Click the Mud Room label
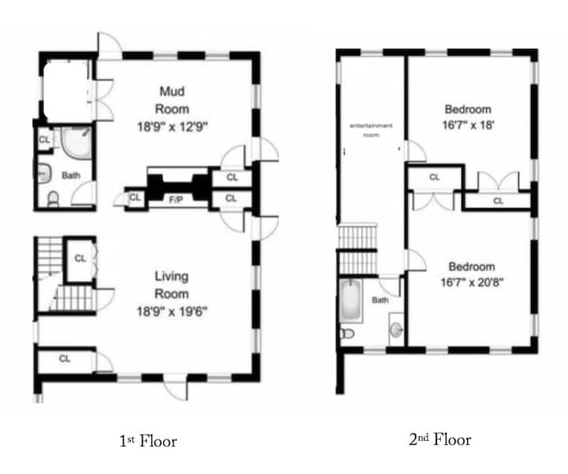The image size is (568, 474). point(172,100)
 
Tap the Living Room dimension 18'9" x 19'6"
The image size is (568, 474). point(172,312)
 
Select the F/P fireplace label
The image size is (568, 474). point(176,200)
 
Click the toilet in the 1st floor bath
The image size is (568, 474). point(54,200)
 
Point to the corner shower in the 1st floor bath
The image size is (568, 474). point(76,142)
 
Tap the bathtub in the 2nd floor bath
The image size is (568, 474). point(350,300)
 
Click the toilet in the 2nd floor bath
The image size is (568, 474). point(347,333)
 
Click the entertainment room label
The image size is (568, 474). point(371,130)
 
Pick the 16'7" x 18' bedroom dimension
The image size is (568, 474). point(468,125)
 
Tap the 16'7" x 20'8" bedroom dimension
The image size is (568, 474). point(472,282)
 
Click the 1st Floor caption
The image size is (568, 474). point(148,441)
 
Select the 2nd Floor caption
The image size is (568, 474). point(440,439)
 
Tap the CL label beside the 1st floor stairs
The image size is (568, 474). point(80,258)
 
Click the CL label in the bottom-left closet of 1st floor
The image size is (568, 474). point(65,359)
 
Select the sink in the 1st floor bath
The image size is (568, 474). point(43,173)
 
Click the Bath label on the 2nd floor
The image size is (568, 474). point(380,300)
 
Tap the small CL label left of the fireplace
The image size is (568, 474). point(135,197)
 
